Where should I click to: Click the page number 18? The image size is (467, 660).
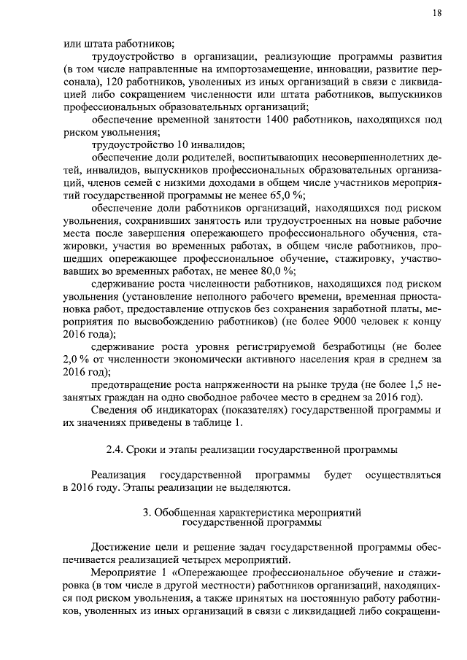pos(436,13)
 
